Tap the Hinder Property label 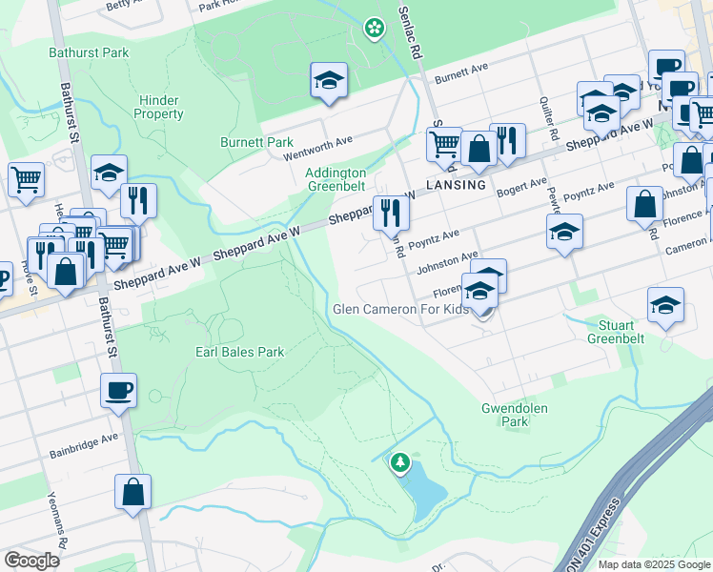(x=159, y=107)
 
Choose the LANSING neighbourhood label (x=456, y=185)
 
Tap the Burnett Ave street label (x=461, y=79)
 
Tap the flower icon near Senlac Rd (x=375, y=29)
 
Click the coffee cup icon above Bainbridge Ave (x=118, y=389)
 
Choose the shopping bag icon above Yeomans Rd (x=132, y=491)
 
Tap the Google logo (x=31, y=560)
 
